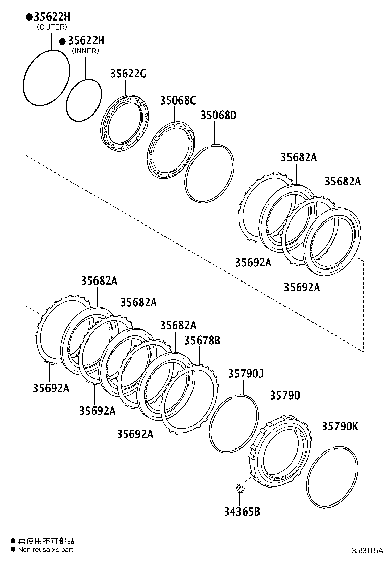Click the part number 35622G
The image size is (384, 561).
pyautogui.click(x=128, y=74)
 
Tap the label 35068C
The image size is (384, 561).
pyautogui.click(x=178, y=100)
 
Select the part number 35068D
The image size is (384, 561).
pyautogui.click(x=218, y=116)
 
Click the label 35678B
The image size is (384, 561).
pyautogui.click(x=202, y=340)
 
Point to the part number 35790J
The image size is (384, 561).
pyautogui.click(x=246, y=374)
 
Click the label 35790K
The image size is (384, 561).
pyautogui.click(x=340, y=426)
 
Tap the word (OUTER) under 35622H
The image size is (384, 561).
pyautogui.click(x=52, y=27)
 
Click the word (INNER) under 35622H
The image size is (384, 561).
pyautogui.click(x=85, y=51)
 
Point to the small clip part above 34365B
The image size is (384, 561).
pyautogui.click(x=241, y=488)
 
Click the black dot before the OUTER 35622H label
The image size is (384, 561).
pyautogui.click(x=29, y=17)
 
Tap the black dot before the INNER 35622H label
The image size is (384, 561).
pyautogui.click(x=63, y=41)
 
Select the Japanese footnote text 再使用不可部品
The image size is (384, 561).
pyautogui.click(x=45, y=541)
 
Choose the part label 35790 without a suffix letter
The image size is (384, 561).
pyautogui.click(x=284, y=395)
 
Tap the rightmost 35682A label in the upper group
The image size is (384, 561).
pyautogui.click(x=343, y=182)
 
